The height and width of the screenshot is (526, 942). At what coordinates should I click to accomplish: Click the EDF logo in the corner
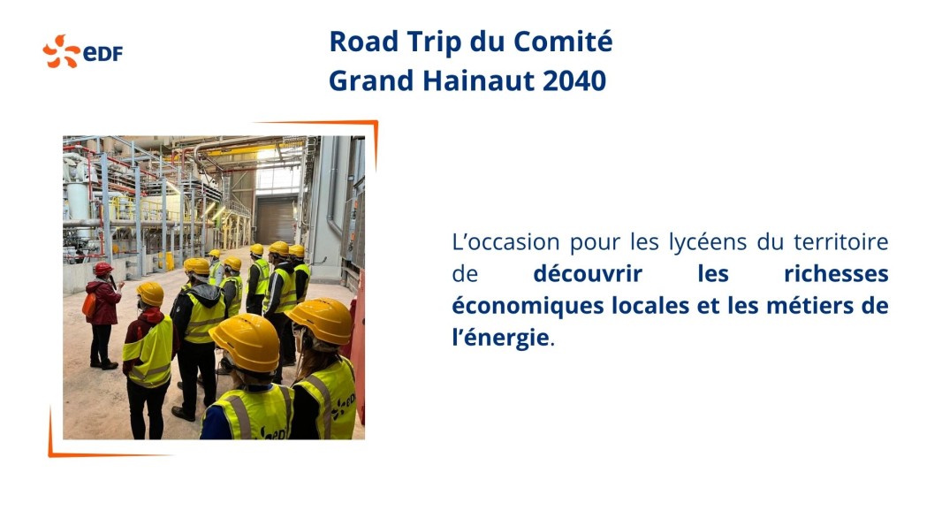coord(82,51)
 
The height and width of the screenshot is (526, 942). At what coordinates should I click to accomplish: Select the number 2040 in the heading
coord(574,81)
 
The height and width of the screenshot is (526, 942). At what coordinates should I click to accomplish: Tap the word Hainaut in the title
coord(478,81)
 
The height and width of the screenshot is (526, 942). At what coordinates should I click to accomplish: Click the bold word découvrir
coord(588,273)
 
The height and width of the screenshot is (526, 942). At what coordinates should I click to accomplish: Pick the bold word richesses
coord(836,273)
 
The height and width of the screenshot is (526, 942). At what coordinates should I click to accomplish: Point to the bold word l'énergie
coord(500,338)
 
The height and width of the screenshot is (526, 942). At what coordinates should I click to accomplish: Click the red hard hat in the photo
coord(103,268)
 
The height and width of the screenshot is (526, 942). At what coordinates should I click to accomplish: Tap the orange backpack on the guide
coord(89,305)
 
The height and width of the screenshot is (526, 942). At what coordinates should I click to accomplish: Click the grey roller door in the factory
coord(277,221)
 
